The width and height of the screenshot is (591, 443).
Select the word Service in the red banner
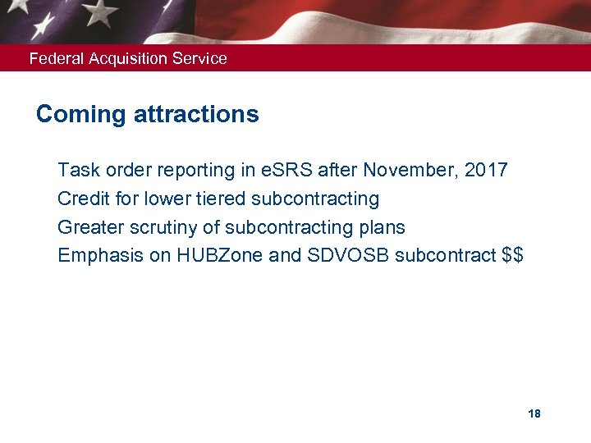point(199,59)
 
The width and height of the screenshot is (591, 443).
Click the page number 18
point(534,413)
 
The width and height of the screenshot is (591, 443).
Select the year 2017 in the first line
point(486,171)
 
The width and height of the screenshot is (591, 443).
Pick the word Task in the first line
point(77,171)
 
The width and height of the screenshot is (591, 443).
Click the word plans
point(383,227)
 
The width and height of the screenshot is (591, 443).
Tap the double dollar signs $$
point(511,255)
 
